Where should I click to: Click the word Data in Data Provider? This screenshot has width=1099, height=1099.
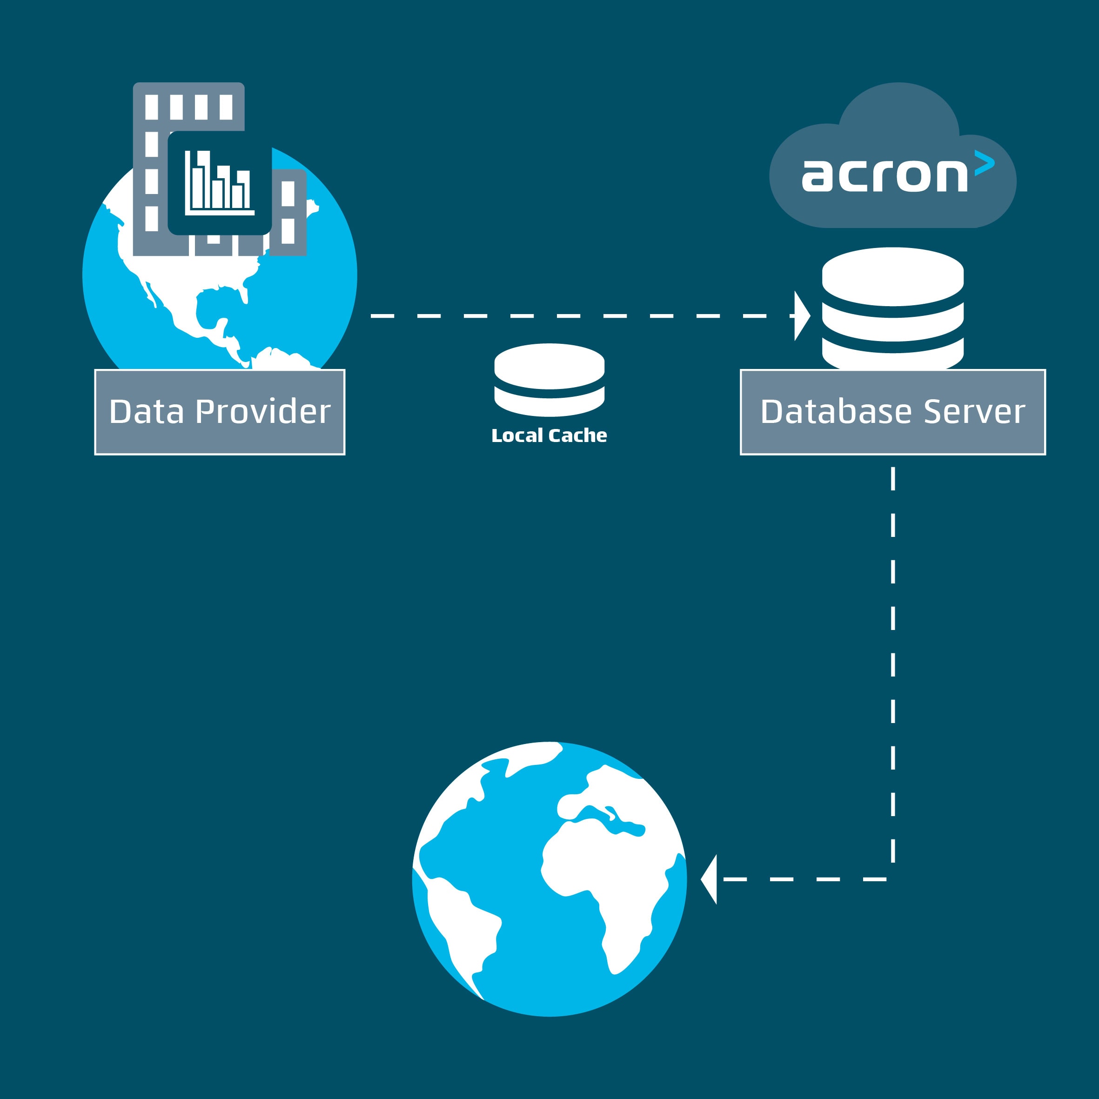[x=146, y=412]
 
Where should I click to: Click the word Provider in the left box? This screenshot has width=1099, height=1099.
[x=263, y=412]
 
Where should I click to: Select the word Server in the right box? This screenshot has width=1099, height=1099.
[x=974, y=412]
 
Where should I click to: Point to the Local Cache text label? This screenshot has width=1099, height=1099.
[x=549, y=436]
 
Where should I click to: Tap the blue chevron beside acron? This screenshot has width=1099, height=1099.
[x=984, y=162]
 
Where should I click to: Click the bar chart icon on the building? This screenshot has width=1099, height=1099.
[x=219, y=183]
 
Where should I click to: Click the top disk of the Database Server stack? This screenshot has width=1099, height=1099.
[x=892, y=276]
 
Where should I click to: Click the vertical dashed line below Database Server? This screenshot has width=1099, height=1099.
[x=893, y=654]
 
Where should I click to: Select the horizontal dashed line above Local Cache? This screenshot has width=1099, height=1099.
[x=569, y=316]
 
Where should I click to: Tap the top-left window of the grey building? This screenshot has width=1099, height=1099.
[x=151, y=107]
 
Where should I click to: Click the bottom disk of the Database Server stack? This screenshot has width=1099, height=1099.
[x=892, y=356]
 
